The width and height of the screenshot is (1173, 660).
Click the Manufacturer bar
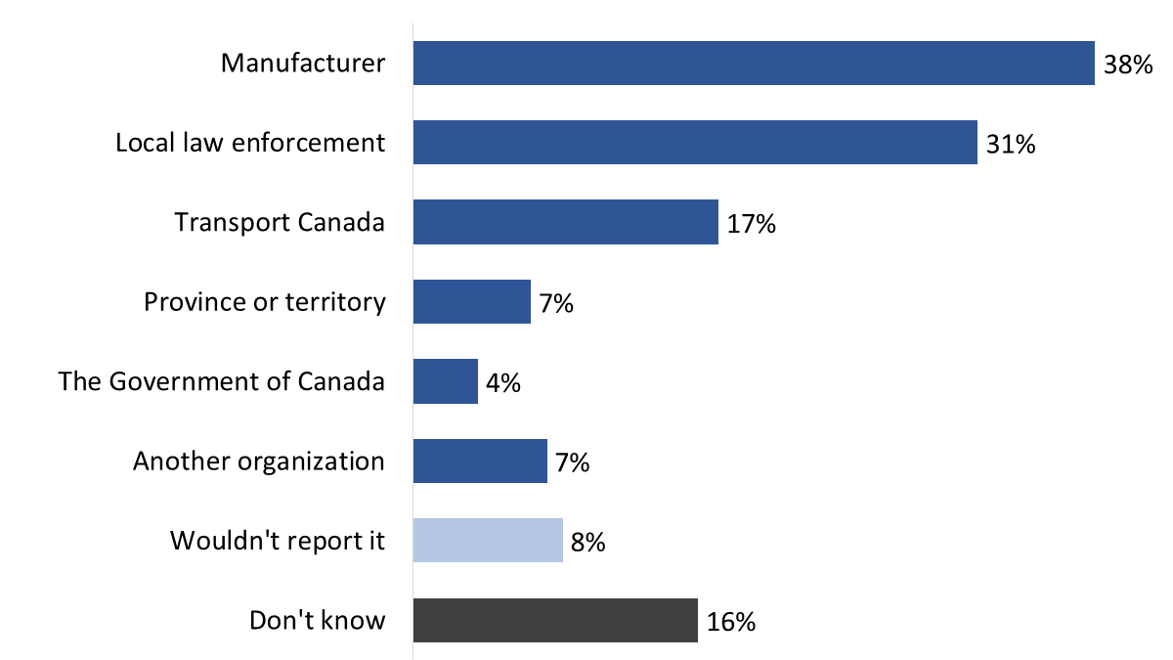(753, 64)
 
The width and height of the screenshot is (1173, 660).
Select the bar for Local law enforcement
(695, 143)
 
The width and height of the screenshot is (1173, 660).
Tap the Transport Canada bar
(565, 222)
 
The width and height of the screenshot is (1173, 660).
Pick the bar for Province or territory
(471, 302)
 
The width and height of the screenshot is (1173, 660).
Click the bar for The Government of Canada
(445, 381)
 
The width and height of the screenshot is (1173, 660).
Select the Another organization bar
(479, 462)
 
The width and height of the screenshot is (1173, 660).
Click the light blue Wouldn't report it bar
(487, 541)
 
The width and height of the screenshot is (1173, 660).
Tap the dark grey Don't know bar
(554, 621)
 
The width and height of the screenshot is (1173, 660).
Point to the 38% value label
(1128, 65)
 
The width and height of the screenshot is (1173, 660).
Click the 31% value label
(1011, 145)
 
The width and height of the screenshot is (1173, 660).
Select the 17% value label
(751, 224)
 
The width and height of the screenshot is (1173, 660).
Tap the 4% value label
(502, 383)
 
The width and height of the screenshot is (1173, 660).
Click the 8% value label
(587, 543)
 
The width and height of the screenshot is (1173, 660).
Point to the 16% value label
(730, 622)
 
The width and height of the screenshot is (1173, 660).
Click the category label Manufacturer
(303, 64)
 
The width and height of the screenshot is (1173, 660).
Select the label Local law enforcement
(250, 143)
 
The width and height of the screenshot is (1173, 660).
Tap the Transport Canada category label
(280, 222)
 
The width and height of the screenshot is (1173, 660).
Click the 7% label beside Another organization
(572, 462)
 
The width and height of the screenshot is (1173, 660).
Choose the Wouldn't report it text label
(278, 541)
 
